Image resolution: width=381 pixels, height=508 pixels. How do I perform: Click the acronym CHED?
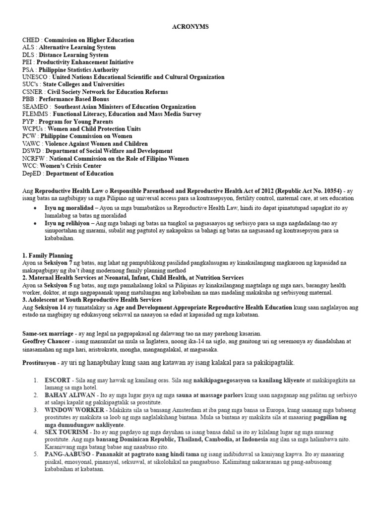(x=31, y=40)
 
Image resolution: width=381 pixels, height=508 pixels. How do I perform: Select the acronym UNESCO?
(x=35, y=77)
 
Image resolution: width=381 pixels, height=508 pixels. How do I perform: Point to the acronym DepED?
(x=32, y=174)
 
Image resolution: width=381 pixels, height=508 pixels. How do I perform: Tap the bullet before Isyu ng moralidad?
(x=34, y=209)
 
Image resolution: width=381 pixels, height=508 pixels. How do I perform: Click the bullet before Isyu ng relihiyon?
(x=34, y=224)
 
